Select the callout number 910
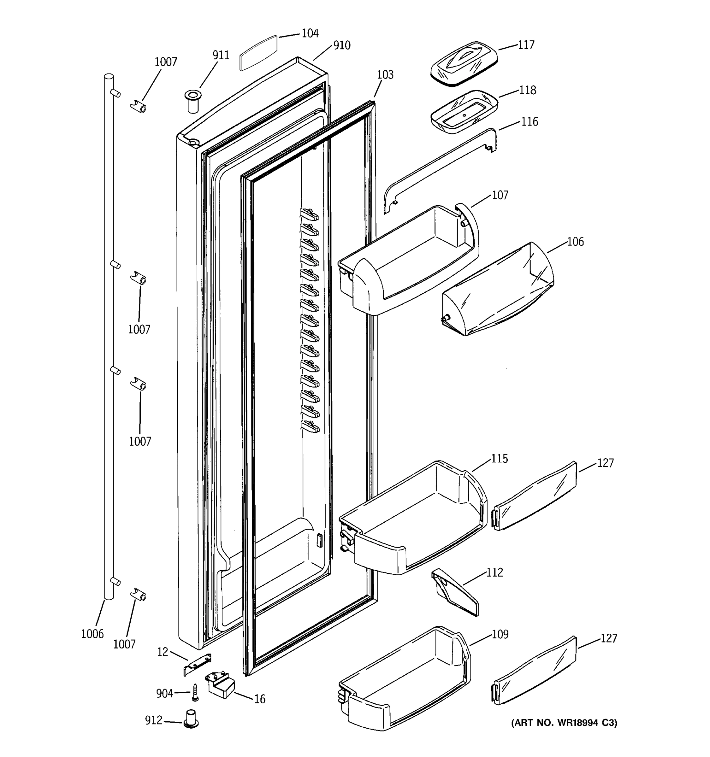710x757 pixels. coord(342,46)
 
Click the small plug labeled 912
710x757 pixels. coord(191,718)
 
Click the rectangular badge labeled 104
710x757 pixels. coord(258,53)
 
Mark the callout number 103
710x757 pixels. coord(385,75)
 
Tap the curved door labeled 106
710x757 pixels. coord(497,290)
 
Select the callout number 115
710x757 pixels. coord(499,459)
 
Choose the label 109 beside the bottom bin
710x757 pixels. coord(500,634)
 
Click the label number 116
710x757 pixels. coord(530,122)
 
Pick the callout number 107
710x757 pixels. coord(500,195)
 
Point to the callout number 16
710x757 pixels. coord(259,699)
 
